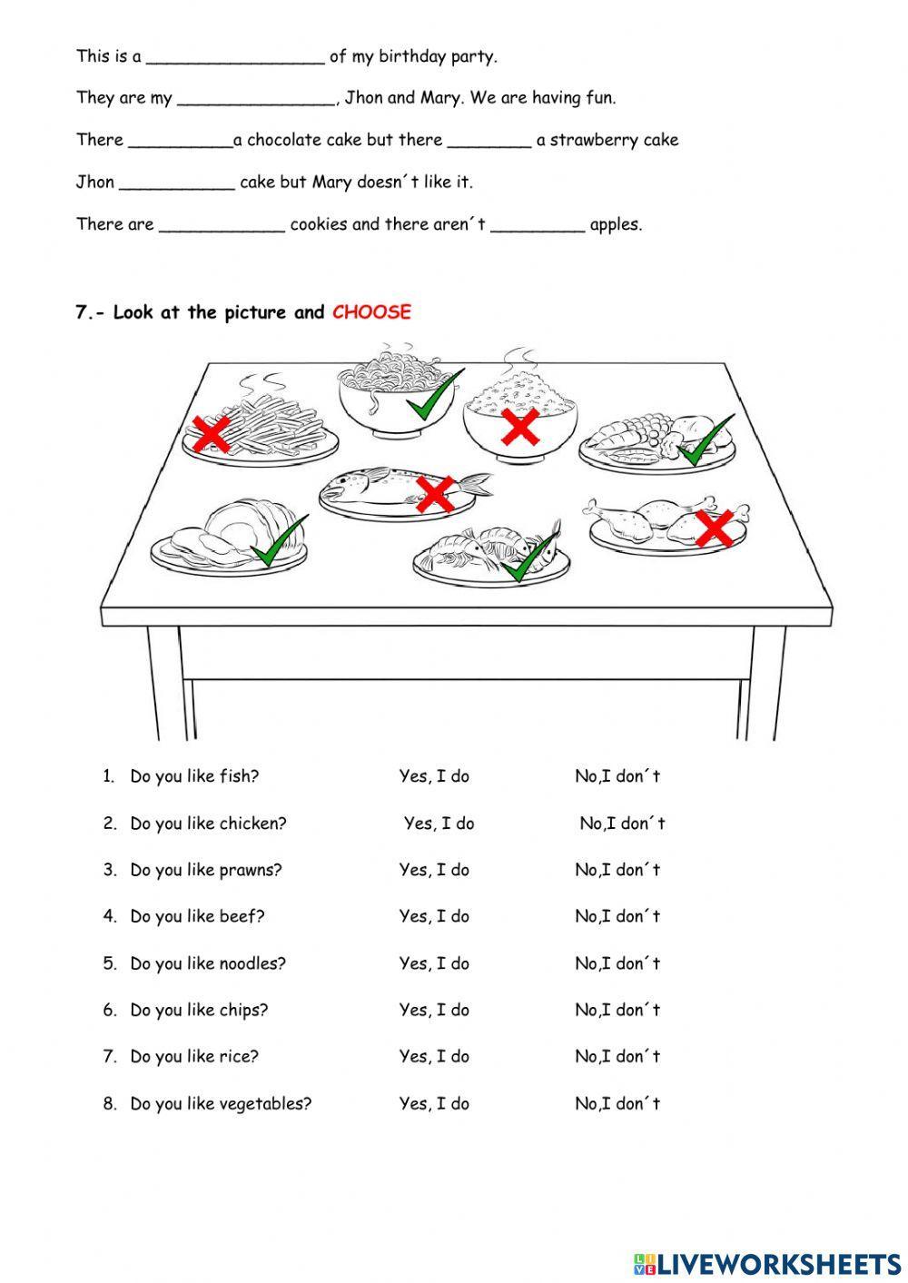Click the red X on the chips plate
click(x=212, y=434)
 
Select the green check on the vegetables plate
click(x=706, y=440)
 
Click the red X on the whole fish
click(x=434, y=493)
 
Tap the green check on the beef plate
click(x=279, y=542)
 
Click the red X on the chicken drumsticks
click(x=714, y=527)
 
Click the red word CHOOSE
click(x=371, y=312)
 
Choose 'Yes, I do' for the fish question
click(x=434, y=776)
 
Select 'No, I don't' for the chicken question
click(x=622, y=824)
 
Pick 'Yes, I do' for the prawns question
click(x=434, y=870)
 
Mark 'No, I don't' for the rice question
click(x=617, y=1056)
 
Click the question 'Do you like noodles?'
click(x=207, y=963)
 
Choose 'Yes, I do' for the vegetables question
click(x=434, y=1104)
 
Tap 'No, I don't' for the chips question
click(x=617, y=1010)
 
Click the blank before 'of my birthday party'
click(x=234, y=58)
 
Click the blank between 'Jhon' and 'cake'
click(x=177, y=183)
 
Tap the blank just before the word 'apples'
click(x=538, y=226)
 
